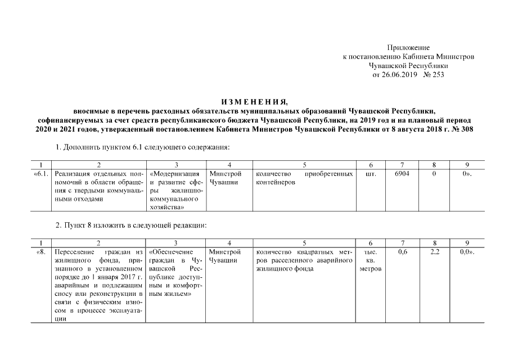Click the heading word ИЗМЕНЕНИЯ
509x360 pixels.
(x=254, y=102)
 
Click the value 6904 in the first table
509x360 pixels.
(x=402, y=174)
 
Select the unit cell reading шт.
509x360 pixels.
(x=371, y=174)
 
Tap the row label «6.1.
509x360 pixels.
(x=41, y=174)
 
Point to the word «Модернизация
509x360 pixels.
(x=175, y=174)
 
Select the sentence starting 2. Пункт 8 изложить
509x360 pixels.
(x=132, y=226)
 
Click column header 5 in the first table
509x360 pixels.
(x=304, y=165)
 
